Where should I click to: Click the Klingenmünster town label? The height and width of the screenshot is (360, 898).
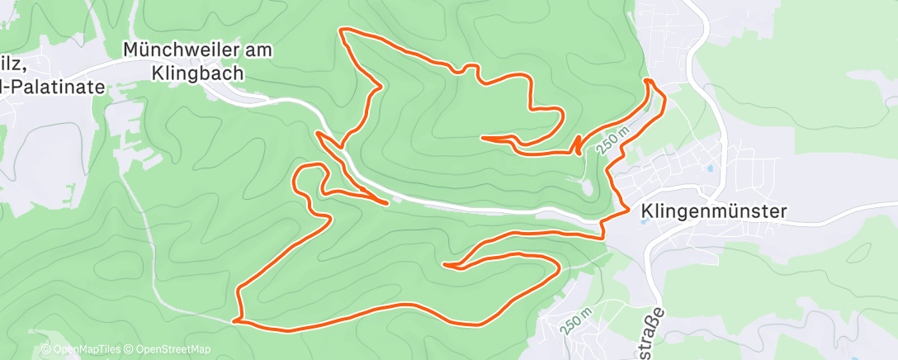click(712, 211)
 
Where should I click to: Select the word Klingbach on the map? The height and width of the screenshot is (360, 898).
click(198, 73)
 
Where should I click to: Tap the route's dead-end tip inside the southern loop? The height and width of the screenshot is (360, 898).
click(446, 265)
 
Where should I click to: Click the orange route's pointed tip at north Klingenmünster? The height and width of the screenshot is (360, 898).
click(648, 80)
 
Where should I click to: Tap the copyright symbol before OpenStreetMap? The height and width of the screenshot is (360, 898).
click(130, 349)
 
